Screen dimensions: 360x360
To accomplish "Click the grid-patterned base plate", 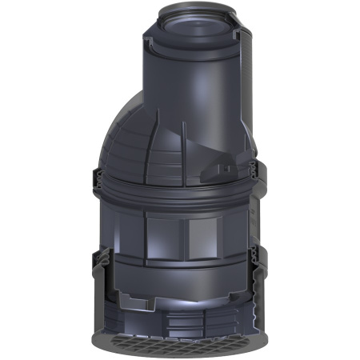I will (180, 345).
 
